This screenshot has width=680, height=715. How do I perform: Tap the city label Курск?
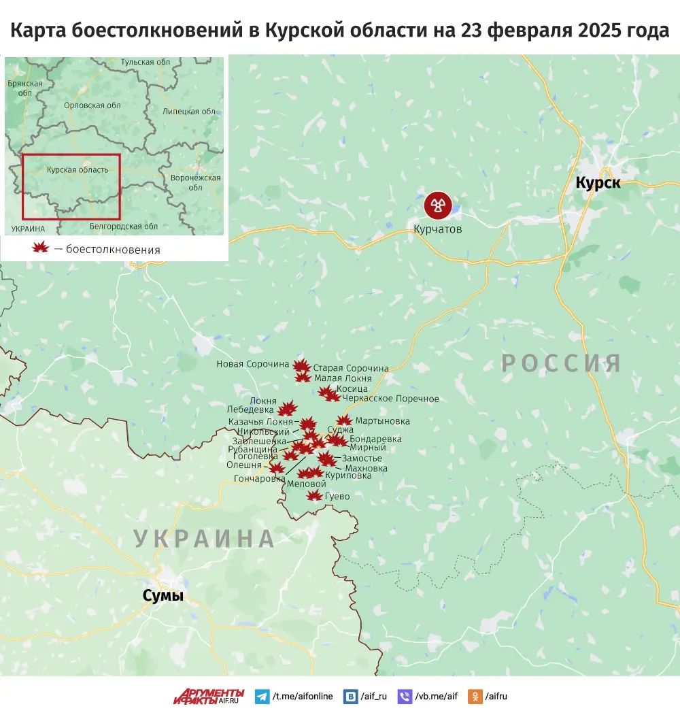click(x=598, y=182)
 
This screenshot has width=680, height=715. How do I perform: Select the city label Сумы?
click(x=163, y=596)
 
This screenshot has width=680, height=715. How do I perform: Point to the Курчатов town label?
click(x=437, y=229)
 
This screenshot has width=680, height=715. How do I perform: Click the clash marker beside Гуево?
click(x=314, y=496)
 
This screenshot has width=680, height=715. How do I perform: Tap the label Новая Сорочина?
click(x=253, y=364)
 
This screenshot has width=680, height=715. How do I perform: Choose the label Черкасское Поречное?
click(x=391, y=399)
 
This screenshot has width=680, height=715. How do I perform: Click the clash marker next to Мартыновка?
click(x=345, y=421)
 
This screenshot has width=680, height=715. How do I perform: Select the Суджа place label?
click(x=340, y=430)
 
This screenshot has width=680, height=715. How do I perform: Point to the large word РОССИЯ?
click(x=562, y=363)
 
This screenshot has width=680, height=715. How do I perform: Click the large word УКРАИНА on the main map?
click(x=204, y=538)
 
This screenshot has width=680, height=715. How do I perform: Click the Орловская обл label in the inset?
click(x=92, y=105)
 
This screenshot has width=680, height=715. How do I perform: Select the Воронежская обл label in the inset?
click(x=196, y=182)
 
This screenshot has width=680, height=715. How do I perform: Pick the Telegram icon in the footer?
click(x=262, y=697)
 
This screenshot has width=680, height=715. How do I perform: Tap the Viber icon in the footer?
click(x=405, y=697)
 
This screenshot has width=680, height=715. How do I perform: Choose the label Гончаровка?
click(x=259, y=479)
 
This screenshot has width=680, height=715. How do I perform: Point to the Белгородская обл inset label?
click(x=124, y=226)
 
